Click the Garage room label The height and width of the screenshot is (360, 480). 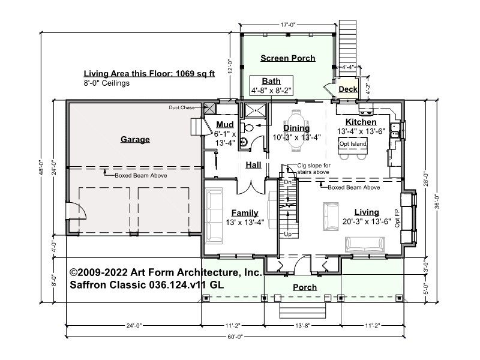coord(135,140)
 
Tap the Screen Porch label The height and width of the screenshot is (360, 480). coord(288,58)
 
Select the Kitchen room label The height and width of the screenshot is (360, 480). coord(361,122)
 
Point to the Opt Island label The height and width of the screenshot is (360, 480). coord(353,144)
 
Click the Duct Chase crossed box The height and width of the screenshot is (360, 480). coord(209,108)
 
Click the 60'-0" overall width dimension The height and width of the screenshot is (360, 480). coord(235,337)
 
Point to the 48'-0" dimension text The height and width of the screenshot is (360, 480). coord(42,168)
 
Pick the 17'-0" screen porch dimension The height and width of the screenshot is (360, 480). coord(288,25)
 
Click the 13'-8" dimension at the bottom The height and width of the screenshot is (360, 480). coord(303,325)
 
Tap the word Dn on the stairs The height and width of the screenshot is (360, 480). coord(288,182)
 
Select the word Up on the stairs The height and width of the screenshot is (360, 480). coord(288,235)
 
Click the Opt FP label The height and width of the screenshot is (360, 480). coord(397,218)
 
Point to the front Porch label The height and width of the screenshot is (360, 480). coord(305,287)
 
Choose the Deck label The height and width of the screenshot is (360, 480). coord(348,89)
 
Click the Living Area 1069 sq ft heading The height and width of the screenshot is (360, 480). coord(149,73)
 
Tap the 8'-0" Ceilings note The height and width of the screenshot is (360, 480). coord(107,83)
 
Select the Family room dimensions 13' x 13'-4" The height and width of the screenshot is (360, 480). coord(245,223)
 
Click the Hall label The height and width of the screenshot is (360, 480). coord(253,165)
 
